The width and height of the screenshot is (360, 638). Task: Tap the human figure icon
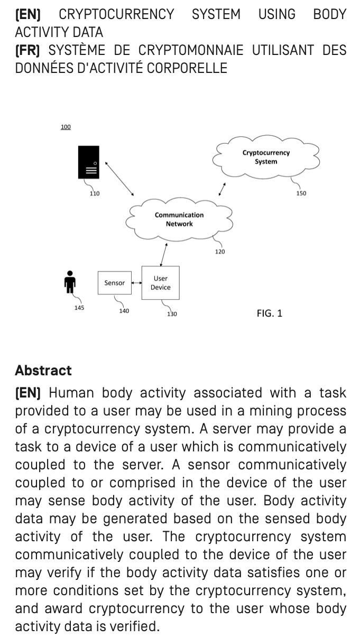tap(69, 282)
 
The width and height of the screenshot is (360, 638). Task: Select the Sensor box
tap(114, 283)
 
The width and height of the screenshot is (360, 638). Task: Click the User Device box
tap(160, 283)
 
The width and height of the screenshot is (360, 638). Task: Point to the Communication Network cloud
tap(179, 219)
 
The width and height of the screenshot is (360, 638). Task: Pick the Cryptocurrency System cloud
tap(266, 157)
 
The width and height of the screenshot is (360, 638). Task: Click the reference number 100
tap(66, 127)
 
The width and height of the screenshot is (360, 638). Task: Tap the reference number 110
tap(94, 193)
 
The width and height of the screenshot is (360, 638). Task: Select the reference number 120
tap(220, 252)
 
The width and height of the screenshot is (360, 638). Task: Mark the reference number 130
tap(172, 314)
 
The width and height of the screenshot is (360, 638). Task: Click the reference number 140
tap(124, 311)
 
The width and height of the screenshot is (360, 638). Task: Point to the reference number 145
tap(79, 308)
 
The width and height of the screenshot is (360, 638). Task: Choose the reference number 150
tap(301, 193)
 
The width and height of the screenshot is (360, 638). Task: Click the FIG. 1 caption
tap(270, 313)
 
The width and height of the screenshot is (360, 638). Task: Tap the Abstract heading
tap(43, 371)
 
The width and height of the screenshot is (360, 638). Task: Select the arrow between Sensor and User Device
tap(136, 283)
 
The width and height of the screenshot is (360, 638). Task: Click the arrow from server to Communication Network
tap(119, 179)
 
